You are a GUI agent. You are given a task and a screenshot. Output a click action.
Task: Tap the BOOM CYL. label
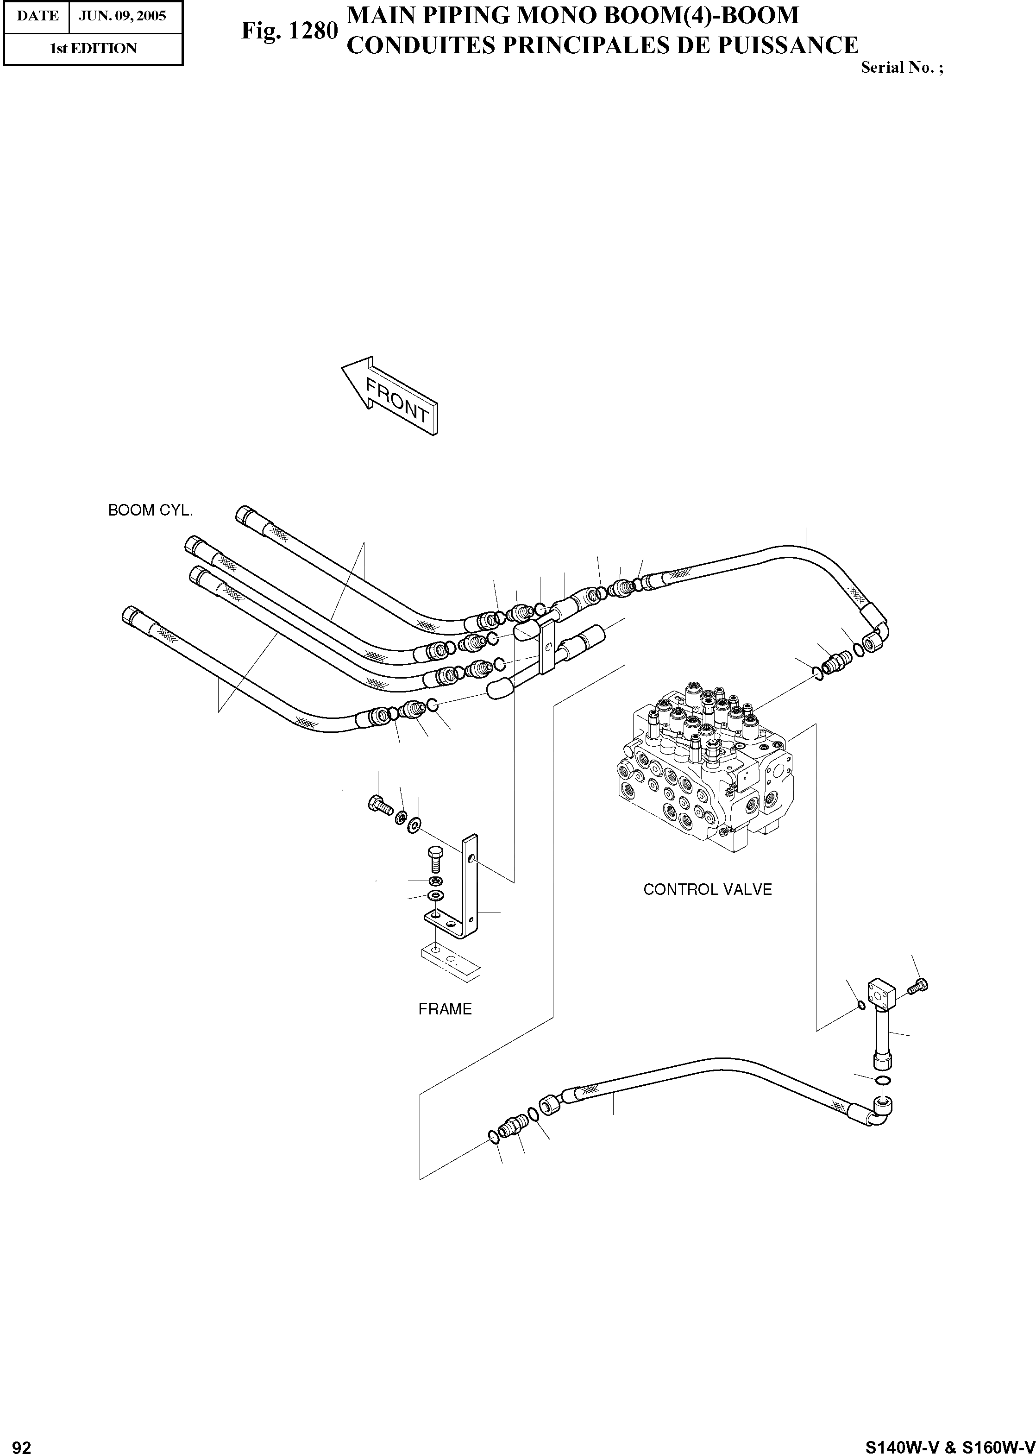[151, 510]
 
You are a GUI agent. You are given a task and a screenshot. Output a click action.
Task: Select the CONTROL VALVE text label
[708, 889]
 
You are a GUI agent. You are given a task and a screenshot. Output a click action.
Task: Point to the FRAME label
[445, 1009]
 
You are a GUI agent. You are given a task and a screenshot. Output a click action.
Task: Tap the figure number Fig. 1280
[289, 30]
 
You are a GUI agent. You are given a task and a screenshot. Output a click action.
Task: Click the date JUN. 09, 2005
[122, 15]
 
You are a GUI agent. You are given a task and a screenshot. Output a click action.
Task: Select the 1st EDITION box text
[93, 49]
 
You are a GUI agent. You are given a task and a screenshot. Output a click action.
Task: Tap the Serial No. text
[901, 68]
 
